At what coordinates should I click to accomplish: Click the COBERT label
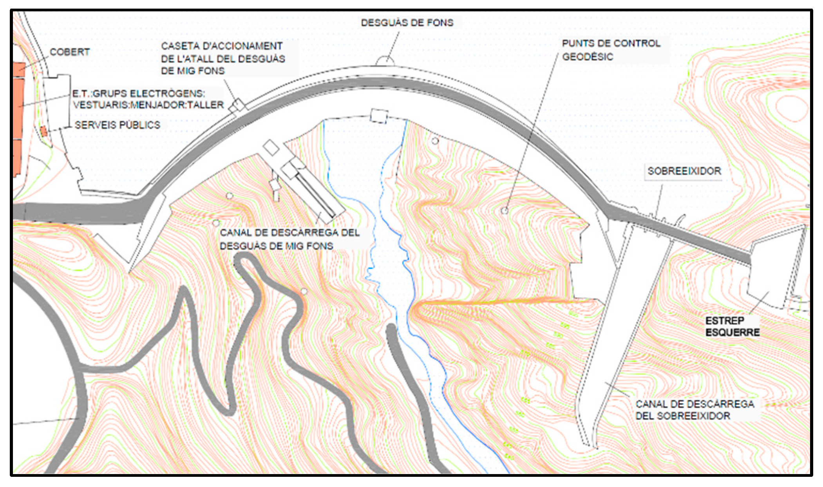(x=69, y=52)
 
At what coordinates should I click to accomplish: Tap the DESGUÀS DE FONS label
(x=407, y=23)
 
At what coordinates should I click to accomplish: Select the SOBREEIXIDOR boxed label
(x=684, y=171)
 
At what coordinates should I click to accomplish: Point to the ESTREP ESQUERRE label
(x=732, y=326)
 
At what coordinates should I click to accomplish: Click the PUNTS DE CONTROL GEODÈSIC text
(x=611, y=50)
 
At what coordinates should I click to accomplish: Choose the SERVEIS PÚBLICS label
(x=117, y=125)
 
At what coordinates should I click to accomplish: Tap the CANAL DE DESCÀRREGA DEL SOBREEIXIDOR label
(x=695, y=410)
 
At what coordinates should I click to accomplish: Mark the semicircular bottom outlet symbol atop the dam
(x=385, y=61)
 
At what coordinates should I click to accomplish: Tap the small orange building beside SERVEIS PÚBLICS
(x=44, y=131)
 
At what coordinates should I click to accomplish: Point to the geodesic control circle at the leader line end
(x=505, y=211)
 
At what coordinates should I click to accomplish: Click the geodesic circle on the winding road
(x=304, y=291)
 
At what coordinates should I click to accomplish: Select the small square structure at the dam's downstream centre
(x=379, y=116)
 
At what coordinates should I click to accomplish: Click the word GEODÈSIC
(x=588, y=57)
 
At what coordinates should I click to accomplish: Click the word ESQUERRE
(x=732, y=333)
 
